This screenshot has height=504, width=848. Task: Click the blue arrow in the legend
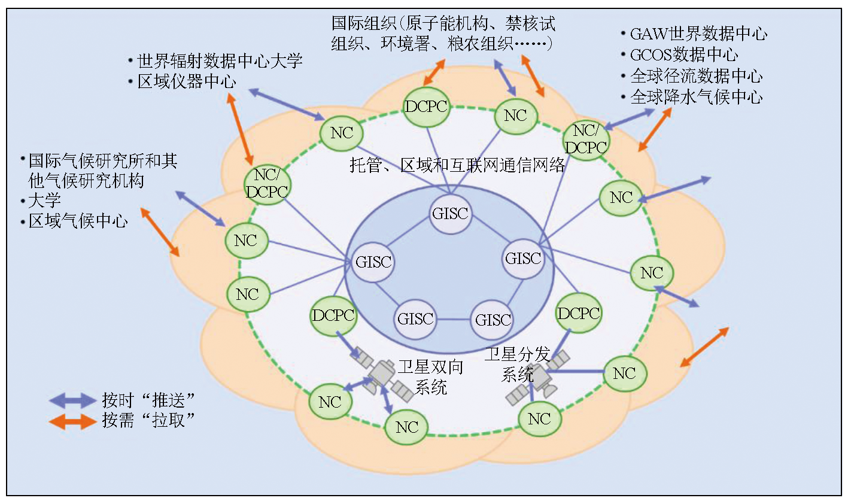click(x=72, y=400)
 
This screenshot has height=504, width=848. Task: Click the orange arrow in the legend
click(x=72, y=421)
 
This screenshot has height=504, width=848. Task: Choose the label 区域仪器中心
click(x=187, y=82)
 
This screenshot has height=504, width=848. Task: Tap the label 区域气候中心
click(x=78, y=221)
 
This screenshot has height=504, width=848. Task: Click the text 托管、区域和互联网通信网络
click(x=457, y=165)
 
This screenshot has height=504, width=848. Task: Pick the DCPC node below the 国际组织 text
click(x=426, y=107)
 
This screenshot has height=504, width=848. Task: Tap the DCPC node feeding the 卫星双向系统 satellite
click(x=333, y=315)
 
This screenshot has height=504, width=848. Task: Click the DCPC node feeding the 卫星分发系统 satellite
click(x=578, y=314)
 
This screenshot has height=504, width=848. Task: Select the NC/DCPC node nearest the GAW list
click(x=586, y=139)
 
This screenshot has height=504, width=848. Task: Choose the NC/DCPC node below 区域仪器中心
click(x=267, y=184)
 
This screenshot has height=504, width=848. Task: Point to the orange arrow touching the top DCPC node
click(x=434, y=73)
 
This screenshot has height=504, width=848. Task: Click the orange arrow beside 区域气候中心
click(x=159, y=232)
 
